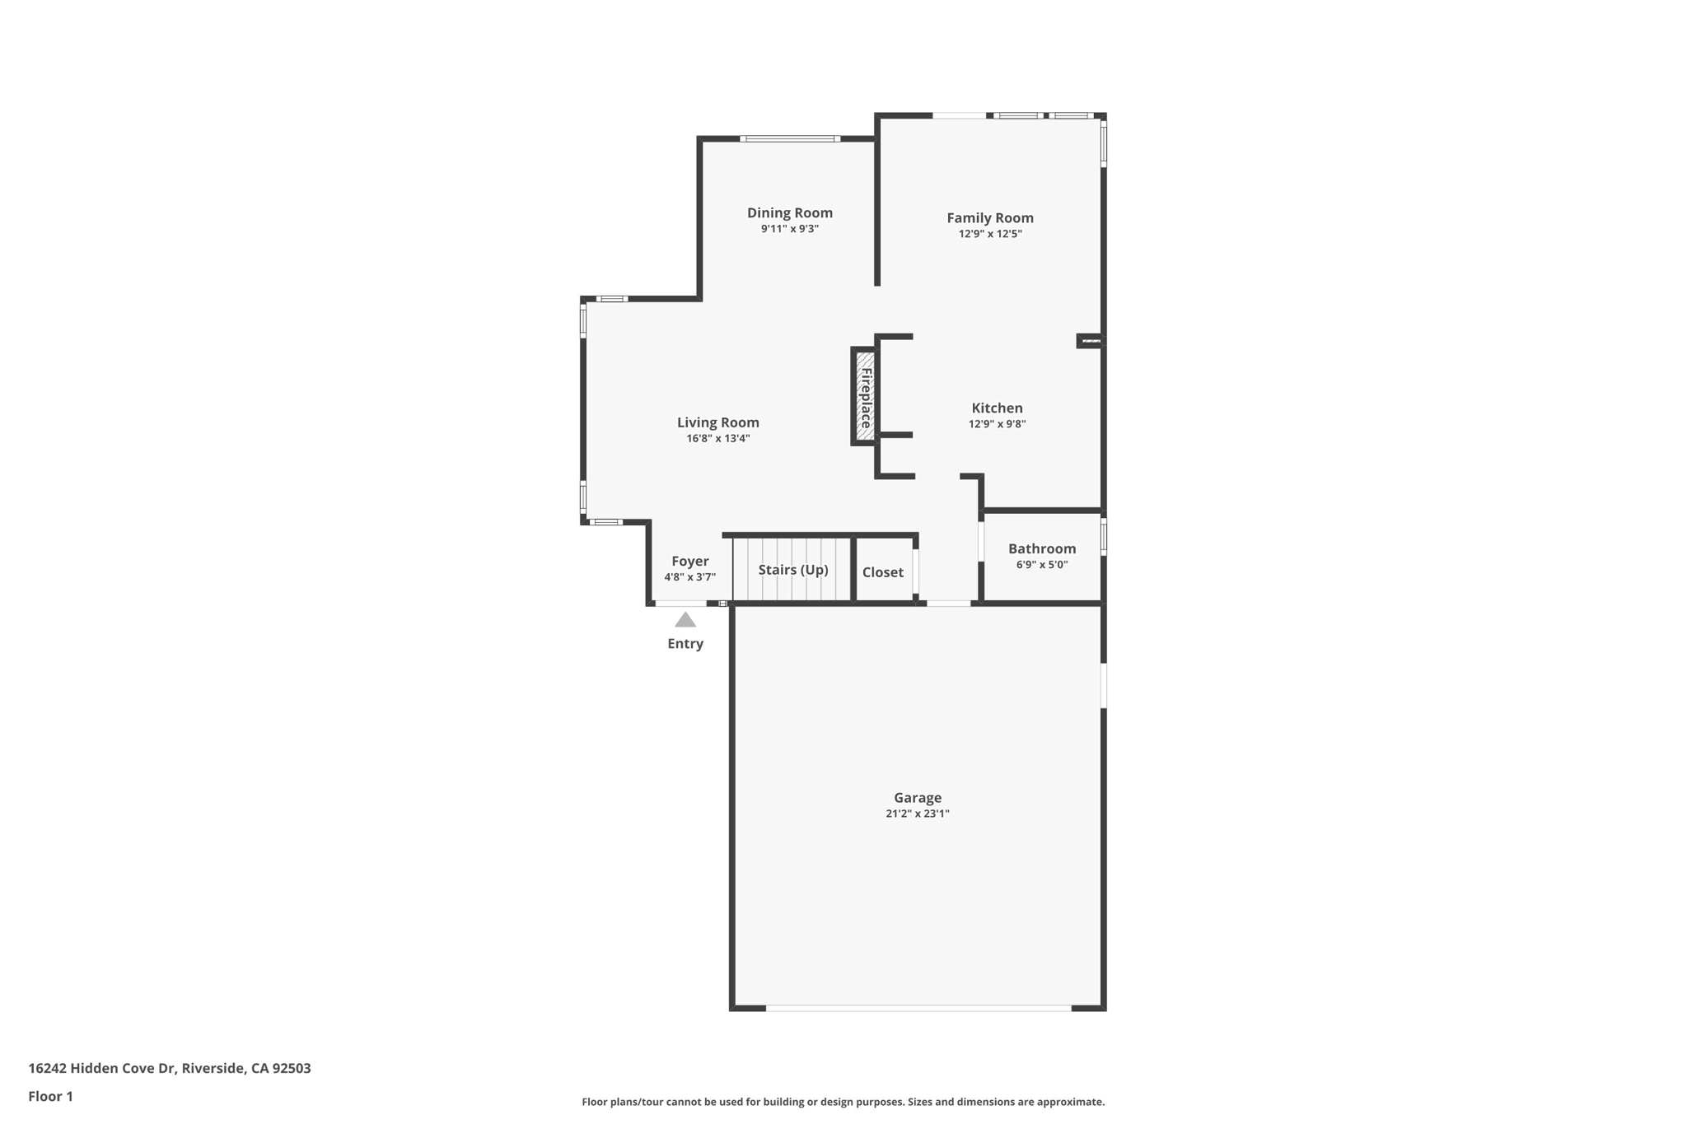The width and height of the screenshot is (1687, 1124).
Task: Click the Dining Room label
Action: [x=789, y=212]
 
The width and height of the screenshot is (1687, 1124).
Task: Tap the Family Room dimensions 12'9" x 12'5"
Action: [x=989, y=234]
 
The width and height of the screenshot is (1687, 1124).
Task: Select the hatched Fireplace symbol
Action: [x=865, y=396]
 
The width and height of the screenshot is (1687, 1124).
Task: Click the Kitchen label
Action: [x=997, y=408]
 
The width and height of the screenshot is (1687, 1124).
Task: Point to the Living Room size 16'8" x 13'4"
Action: [x=717, y=438]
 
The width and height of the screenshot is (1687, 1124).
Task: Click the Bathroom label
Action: [x=1041, y=548]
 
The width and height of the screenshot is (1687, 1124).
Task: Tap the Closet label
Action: [x=882, y=572]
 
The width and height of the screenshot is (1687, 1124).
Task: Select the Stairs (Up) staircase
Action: [x=792, y=570]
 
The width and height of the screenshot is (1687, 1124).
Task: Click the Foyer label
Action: [x=689, y=562]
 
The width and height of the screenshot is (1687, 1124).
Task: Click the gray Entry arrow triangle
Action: [x=685, y=620]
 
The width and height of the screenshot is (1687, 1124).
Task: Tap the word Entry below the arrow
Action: [x=685, y=644]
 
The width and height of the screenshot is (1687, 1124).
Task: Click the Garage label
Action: [x=917, y=797]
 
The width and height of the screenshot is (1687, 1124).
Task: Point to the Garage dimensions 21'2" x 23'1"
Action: [x=917, y=814]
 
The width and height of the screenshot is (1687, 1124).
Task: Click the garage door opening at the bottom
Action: [x=918, y=1007]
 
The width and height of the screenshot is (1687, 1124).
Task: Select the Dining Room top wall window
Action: [x=789, y=138]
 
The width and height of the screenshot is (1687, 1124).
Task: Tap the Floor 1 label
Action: [x=50, y=1096]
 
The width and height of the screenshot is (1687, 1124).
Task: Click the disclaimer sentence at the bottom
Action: [x=843, y=1102]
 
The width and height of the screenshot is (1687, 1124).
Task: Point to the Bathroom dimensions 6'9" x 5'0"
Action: [x=1041, y=565]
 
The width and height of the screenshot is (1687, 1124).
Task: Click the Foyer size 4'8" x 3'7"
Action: [x=689, y=577]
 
